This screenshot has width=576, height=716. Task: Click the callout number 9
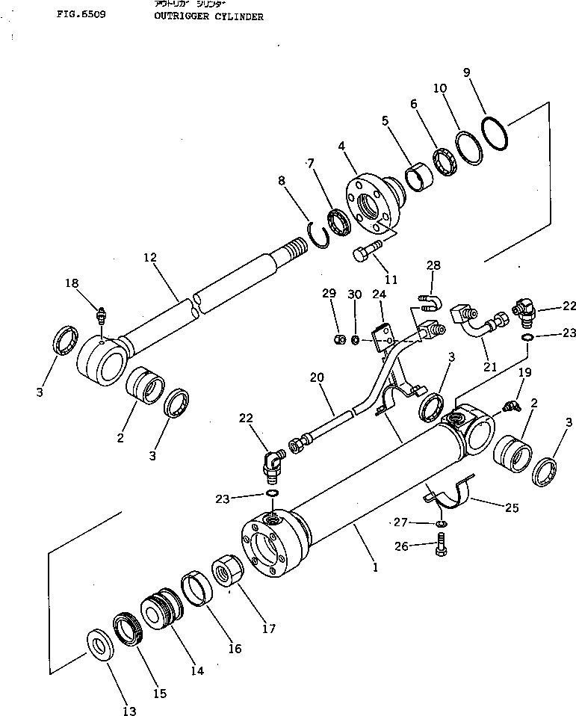tap(466, 72)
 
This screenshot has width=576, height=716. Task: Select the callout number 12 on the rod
tap(151, 258)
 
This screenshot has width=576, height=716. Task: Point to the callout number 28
tap(433, 265)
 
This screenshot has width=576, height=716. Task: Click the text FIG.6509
tap(80, 13)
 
